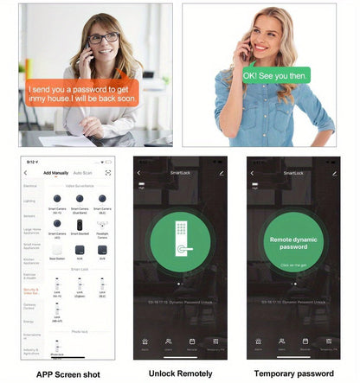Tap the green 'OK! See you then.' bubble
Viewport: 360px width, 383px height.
(274, 75)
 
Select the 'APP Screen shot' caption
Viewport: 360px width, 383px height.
(67, 373)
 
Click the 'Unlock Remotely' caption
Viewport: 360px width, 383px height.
(180, 373)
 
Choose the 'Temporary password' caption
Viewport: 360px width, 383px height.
(292, 373)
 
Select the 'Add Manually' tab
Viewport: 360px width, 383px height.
(57, 173)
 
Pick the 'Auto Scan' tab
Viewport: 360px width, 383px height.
(83, 173)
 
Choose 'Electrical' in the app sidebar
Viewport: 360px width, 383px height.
(31, 186)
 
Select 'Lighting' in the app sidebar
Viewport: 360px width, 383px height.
(31, 201)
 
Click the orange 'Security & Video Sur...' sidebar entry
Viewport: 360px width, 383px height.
(31, 291)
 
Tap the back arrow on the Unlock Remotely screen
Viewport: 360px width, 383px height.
(138, 173)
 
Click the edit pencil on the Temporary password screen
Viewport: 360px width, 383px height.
(334, 173)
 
